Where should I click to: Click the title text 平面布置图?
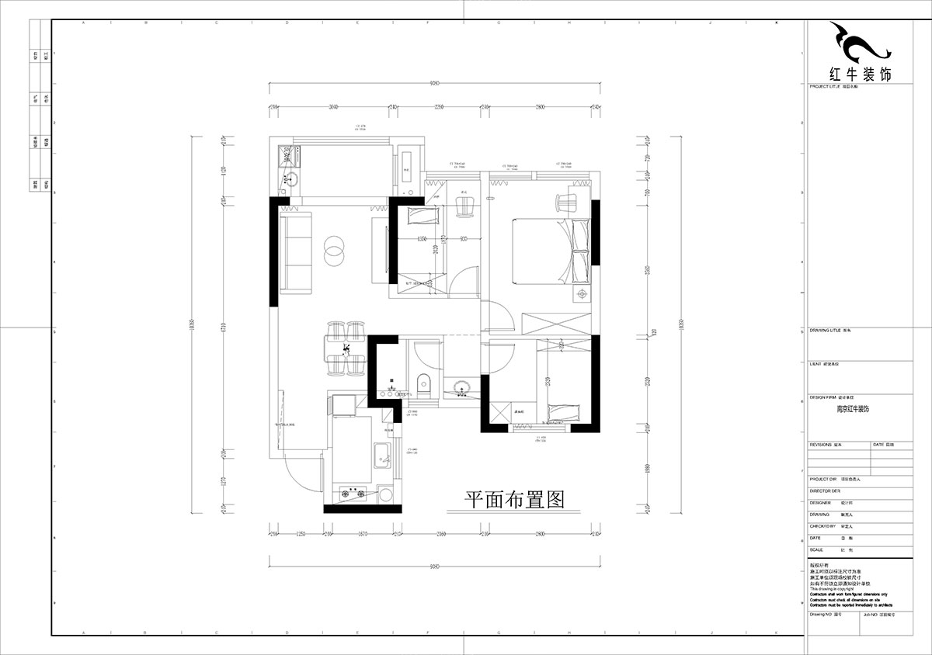(x=513, y=499)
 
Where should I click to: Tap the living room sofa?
(x=296, y=251)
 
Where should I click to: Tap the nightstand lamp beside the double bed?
(x=580, y=294)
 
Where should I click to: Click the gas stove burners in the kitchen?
(x=354, y=491)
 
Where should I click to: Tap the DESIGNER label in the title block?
(x=820, y=502)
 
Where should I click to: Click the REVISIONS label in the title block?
(x=822, y=445)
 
